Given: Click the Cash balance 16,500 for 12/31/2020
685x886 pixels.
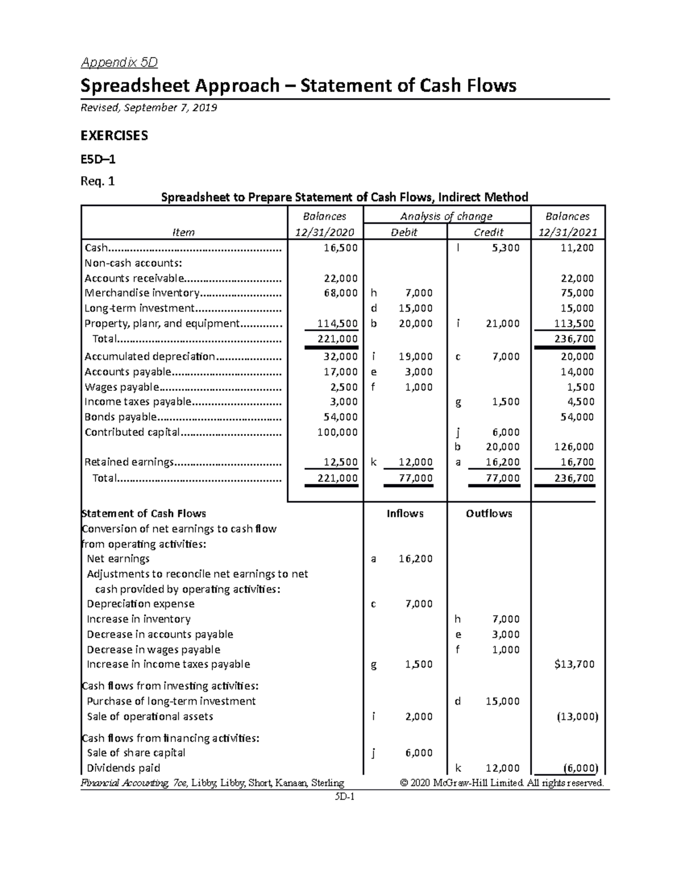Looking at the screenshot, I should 340,248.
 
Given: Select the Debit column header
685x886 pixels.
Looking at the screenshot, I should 404,232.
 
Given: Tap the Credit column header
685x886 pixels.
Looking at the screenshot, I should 489,232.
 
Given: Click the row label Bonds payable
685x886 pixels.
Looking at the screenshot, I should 120,417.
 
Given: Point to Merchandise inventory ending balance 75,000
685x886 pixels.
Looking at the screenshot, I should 577,293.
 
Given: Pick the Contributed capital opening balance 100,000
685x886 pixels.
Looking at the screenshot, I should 337,432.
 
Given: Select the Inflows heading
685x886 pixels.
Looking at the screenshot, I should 405,513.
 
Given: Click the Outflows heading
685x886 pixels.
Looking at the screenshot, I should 489,513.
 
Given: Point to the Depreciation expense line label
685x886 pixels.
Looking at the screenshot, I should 140,604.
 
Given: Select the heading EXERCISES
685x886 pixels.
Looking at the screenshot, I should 114,135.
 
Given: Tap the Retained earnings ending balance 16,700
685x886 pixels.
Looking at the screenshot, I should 577,462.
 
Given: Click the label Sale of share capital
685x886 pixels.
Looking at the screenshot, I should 136,753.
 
